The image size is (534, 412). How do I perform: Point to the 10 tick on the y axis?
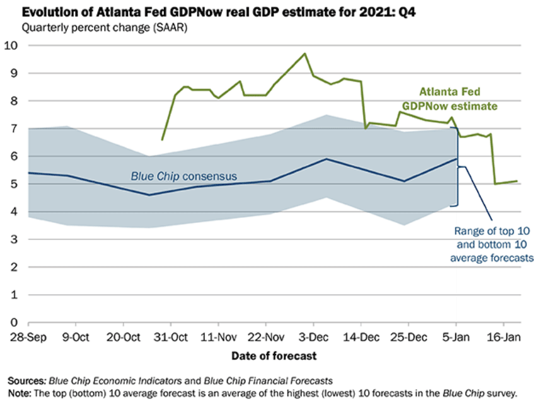click(11, 45)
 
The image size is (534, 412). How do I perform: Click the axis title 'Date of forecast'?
click(274, 356)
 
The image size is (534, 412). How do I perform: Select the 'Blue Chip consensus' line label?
click(183, 176)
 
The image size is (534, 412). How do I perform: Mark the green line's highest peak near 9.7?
click(305, 54)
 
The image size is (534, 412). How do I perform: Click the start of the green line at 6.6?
click(162, 140)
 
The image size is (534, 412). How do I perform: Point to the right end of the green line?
click(518, 181)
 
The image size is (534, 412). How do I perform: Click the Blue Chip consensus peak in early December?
click(325, 159)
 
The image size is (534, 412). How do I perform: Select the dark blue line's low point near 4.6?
click(149, 195)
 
